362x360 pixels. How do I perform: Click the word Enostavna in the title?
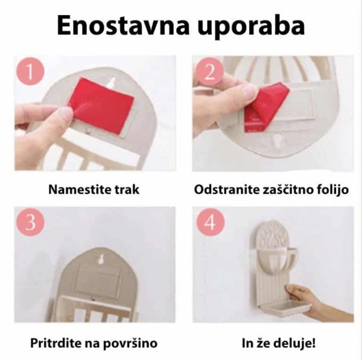click(x=124, y=25)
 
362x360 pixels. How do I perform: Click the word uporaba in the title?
click(x=251, y=27)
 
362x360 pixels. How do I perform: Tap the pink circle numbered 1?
click(x=30, y=72)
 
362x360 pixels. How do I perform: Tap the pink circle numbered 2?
click(x=209, y=72)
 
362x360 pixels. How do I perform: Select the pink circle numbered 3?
click(x=30, y=222)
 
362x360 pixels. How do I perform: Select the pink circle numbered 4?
click(x=211, y=222)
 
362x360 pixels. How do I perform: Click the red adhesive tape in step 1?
click(x=101, y=106)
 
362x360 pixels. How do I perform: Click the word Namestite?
click(x=80, y=190)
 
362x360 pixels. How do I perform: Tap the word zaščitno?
click(x=285, y=190)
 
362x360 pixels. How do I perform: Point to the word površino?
click(x=130, y=343)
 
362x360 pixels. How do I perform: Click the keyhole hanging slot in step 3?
click(x=101, y=259)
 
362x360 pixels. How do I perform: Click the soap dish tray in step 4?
click(x=285, y=308)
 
